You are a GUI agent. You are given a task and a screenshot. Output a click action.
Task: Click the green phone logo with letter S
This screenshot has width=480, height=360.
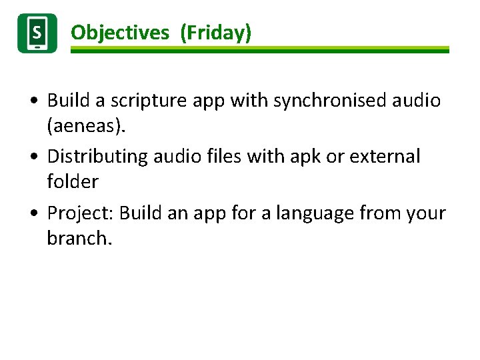pos(37,33)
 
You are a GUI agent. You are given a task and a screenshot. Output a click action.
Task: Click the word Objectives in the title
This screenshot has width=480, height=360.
pos(120,33)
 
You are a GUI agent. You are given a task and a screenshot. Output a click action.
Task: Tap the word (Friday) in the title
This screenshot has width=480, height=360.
pos(216,33)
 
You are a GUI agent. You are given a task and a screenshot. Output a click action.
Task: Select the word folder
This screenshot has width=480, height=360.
pos(73,181)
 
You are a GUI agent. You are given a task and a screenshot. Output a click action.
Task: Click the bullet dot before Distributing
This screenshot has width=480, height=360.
pos(33,157)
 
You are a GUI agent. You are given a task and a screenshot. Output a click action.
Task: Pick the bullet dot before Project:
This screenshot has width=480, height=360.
pos(33,214)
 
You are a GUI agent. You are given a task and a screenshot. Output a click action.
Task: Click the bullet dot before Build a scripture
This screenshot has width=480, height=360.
pos(33,101)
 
